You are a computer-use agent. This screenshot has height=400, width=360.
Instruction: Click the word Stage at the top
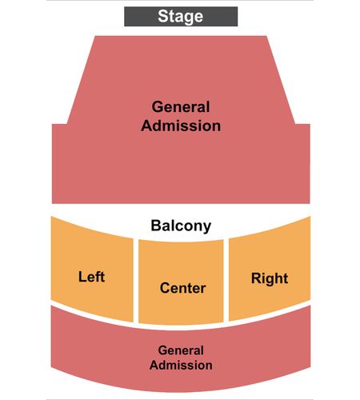pos(181,17)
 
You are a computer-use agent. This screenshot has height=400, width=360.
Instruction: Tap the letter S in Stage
pos(162,16)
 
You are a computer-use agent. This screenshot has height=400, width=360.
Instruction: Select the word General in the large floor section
pos(181,107)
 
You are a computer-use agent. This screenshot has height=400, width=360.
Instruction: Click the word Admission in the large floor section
pos(181,126)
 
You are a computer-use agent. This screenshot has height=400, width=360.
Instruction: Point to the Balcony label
pos(181,226)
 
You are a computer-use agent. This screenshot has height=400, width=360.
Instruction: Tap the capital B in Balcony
pos(156,226)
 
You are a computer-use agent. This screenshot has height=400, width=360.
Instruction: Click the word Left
pos(91,277)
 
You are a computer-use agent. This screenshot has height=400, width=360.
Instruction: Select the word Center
pos(182,288)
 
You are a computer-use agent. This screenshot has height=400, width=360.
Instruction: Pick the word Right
pos(270,279)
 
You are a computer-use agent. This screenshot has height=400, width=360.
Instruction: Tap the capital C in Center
pos(165,288)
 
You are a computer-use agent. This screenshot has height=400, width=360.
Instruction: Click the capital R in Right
pos(257,278)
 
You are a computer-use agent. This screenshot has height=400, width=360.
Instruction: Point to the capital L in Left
pos(82,277)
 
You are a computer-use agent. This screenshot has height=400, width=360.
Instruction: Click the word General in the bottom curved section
pos(181,350)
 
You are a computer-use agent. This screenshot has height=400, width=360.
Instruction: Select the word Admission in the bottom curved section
pos(181,365)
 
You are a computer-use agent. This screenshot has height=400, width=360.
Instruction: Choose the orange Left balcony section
pos(92,270)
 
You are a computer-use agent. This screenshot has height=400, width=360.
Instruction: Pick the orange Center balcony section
pos(181,282)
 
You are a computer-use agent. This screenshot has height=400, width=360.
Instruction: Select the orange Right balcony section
pos(270,269)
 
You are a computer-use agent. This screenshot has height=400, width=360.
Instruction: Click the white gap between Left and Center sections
pos(136,282)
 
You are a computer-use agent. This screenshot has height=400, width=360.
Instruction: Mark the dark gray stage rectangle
pos(181,17)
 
